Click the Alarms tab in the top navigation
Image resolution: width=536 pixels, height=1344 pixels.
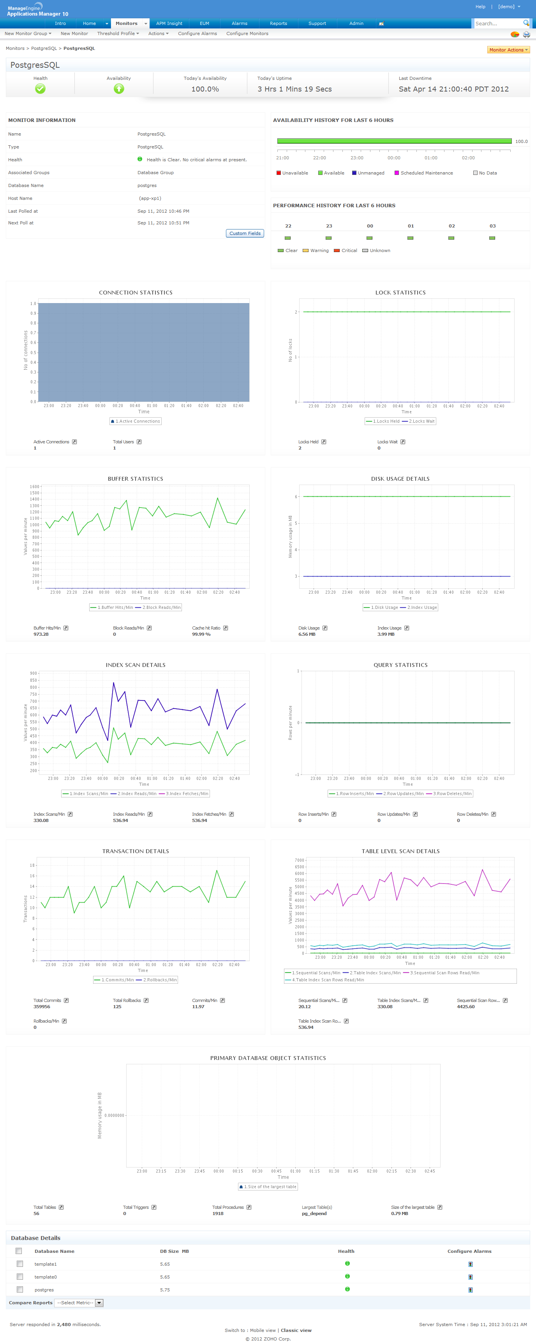pyautogui.click(x=239, y=23)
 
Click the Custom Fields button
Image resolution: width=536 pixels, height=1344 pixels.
pyautogui.click(x=245, y=233)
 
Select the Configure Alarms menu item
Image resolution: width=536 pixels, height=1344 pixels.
pyautogui.click(x=197, y=34)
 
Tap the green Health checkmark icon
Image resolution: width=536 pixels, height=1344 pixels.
pyautogui.click(x=40, y=89)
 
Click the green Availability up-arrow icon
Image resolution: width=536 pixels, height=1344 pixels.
pyautogui.click(x=119, y=89)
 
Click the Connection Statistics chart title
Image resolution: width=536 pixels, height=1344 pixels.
pyautogui.click(x=136, y=293)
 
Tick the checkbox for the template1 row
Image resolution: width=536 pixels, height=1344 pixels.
pyautogui.click(x=20, y=1264)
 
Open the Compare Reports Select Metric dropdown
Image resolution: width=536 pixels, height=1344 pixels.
pyautogui.click(x=80, y=1303)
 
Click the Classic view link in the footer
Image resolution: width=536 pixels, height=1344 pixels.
pyautogui.click(x=296, y=1330)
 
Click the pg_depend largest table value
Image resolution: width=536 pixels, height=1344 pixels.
pyautogui.click(x=314, y=1213)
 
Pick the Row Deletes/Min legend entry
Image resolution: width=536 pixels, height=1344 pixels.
pyautogui.click(x=451, y=794)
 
